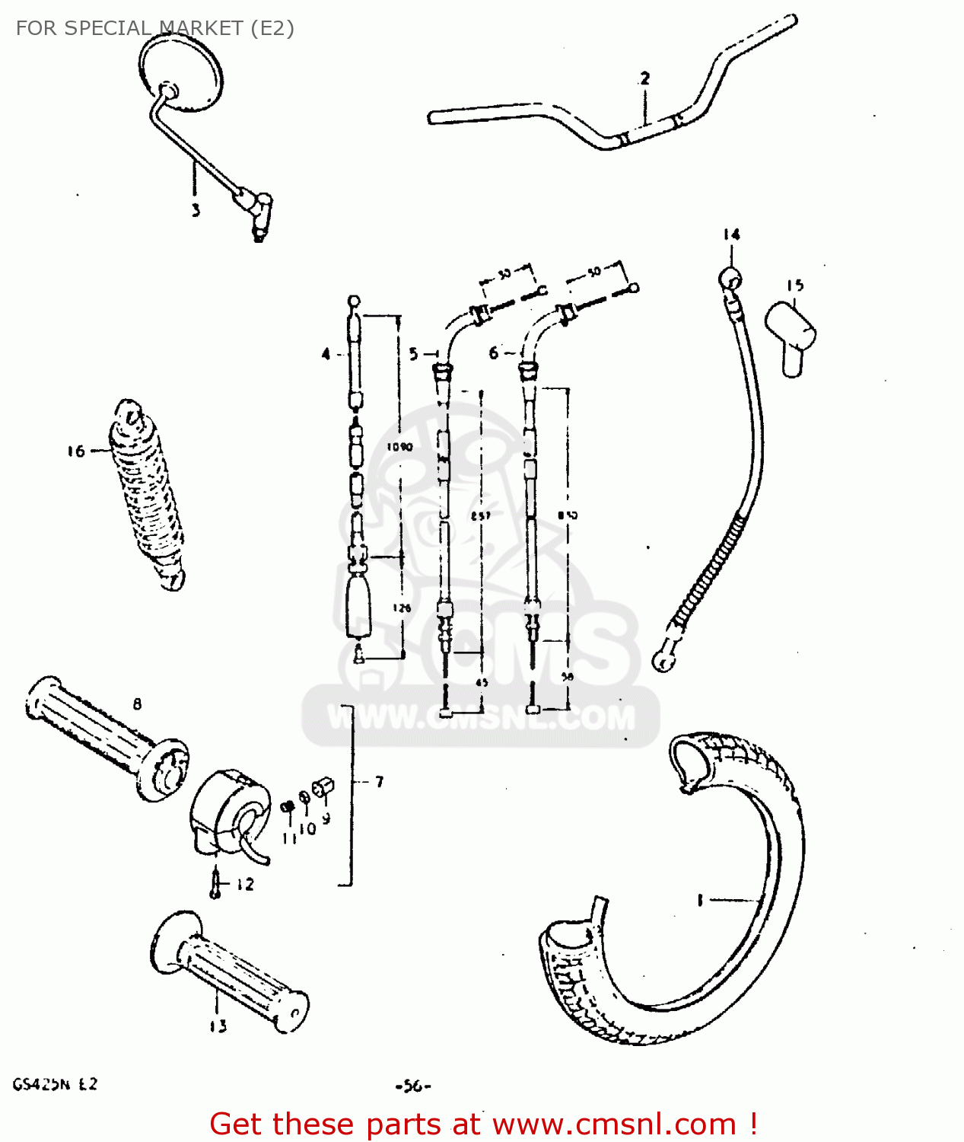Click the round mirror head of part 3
tap(183, 72)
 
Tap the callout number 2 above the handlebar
tap(644, 78)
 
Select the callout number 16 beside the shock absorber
tap(76, 451)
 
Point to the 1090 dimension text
tap(399, 447)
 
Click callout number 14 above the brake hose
tap(731, 234)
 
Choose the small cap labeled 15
tap(791, 336)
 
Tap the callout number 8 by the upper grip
tap(137, 704)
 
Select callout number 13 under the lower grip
tap(218, 1026)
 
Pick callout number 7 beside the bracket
tap(379, 782)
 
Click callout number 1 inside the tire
tap(700, 901)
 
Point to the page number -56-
tap(413, 1086)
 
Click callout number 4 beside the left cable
tap(326, 354)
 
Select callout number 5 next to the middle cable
tap(414, 354)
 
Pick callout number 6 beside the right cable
tap(494, 353)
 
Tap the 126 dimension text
tap(402, 608)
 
